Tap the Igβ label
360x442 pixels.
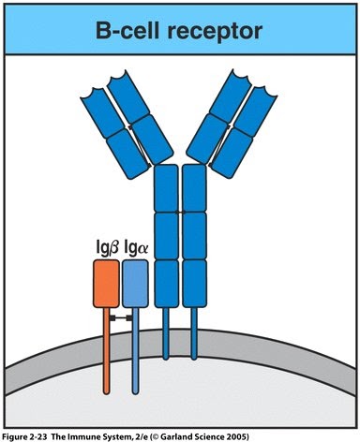[104, 250]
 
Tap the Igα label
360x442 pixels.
[134, 250]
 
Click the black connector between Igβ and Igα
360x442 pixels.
[120, 319]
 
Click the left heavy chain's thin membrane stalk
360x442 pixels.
[166, 332]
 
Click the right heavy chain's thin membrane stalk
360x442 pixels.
[194, 332]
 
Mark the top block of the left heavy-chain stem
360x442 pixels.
[166, 188]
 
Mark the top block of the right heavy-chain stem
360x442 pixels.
[194, 188]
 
